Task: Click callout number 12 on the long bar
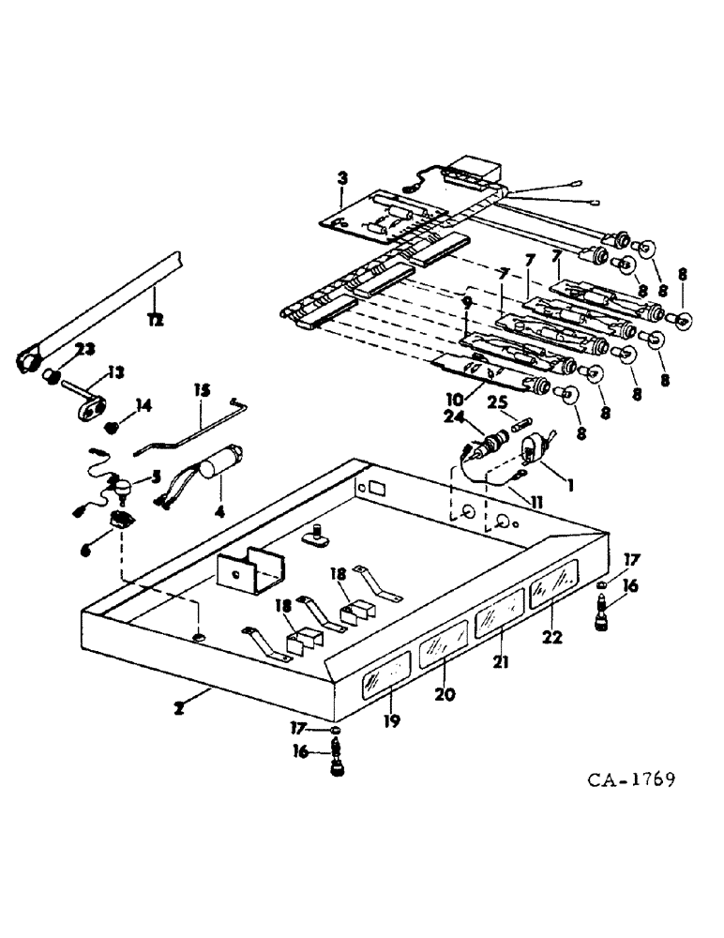point(156,319)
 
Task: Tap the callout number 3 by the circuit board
point(343,176)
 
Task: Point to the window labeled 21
point(499,620)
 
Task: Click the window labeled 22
point(554,593)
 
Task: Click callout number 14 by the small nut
point(143,406)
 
